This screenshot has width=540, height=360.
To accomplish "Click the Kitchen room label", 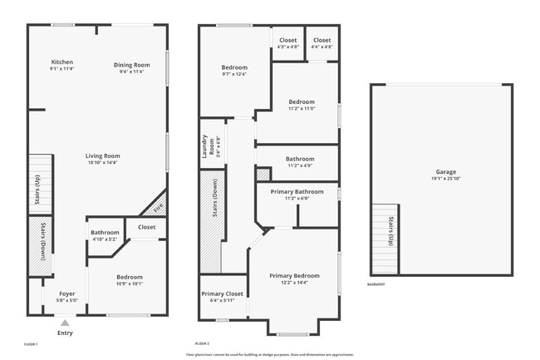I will click(61, 62).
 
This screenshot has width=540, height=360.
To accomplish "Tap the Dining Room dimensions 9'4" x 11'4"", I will click(131, 72).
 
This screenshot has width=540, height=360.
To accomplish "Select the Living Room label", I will click(103, 155).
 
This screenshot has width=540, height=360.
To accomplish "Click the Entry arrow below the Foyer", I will click(64, 323).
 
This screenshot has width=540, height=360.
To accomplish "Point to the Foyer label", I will click(66, 294).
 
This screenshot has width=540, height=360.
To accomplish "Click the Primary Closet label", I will click(222, 293).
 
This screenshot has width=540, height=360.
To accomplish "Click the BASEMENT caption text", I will click(376, 284).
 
